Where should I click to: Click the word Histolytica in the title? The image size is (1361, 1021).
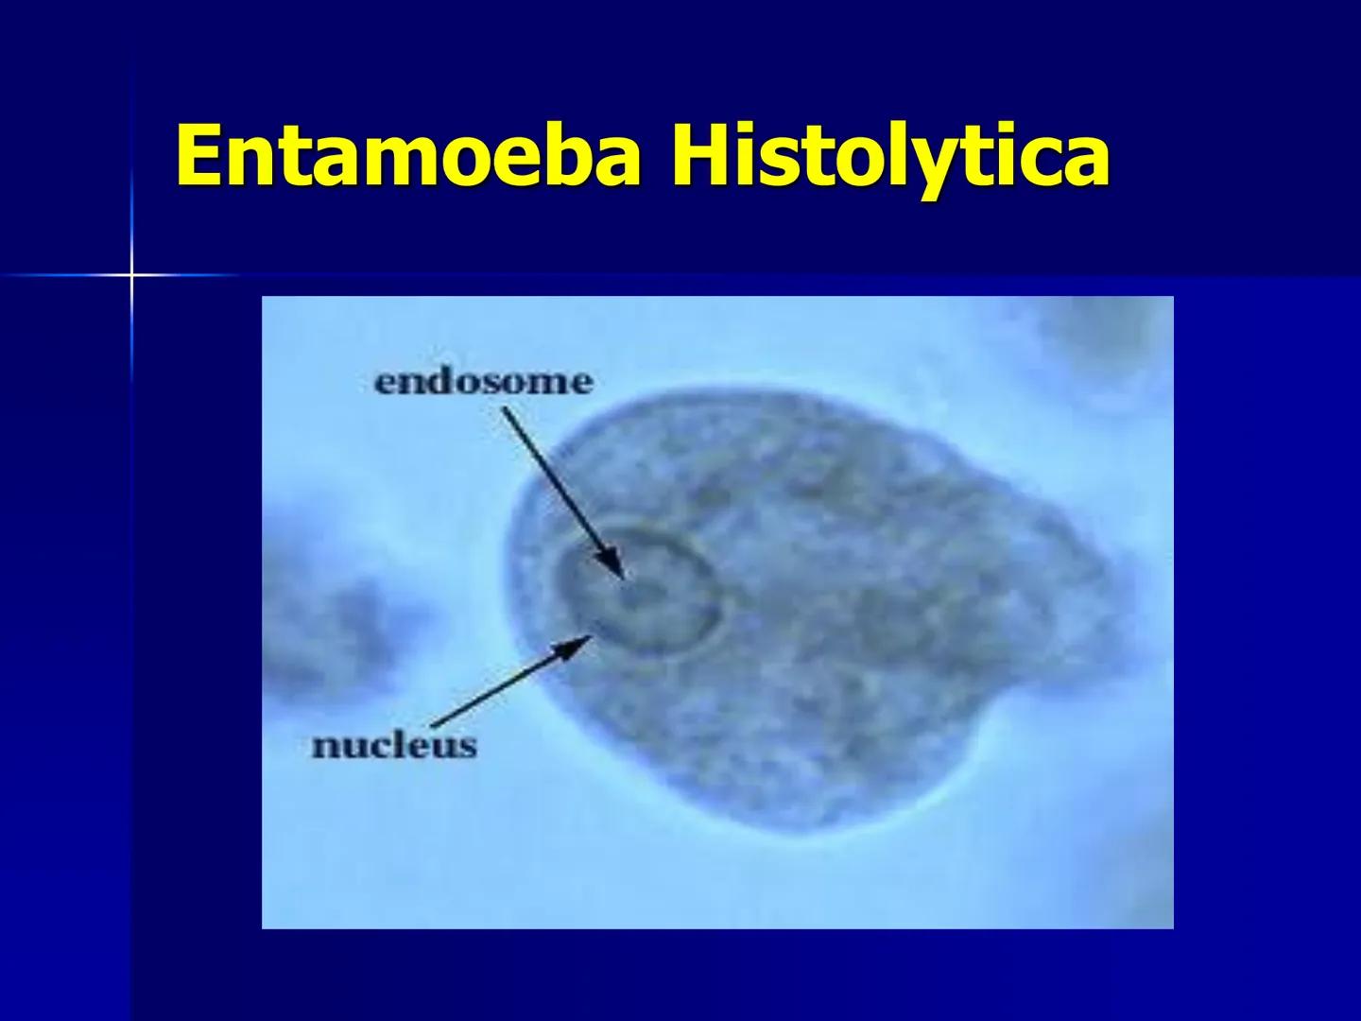click(889, 156)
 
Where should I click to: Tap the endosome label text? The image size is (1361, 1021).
click(483, 382)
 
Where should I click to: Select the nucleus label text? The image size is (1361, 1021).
click(394, 746)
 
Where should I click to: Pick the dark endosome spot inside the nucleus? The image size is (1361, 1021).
click(636, 594)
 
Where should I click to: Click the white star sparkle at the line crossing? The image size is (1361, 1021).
click(131, 275)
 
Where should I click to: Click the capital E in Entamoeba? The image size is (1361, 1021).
click(200, 156)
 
